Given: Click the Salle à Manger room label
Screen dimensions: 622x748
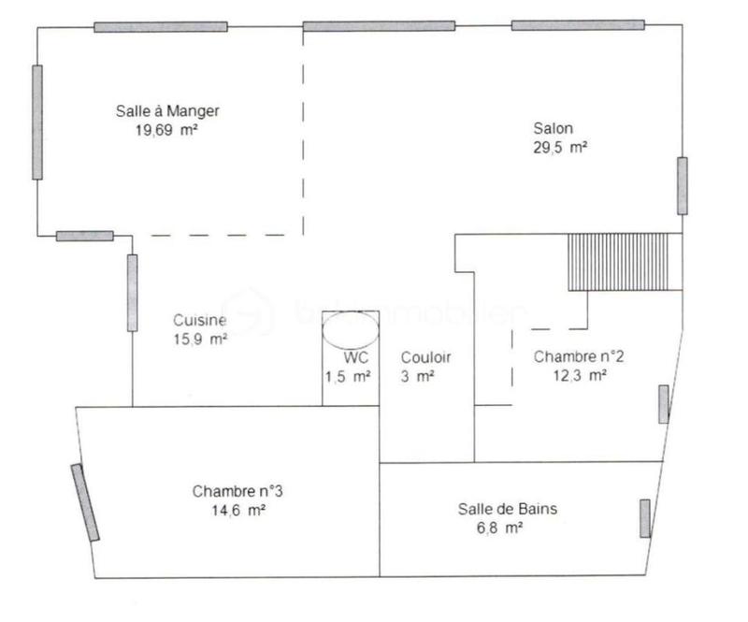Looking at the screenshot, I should coord(167,111).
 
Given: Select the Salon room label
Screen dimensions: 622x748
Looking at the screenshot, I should coord(554,128).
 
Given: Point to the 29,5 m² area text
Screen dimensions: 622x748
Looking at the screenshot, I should coord(559,147).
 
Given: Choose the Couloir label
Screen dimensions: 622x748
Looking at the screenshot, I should coord(426,357).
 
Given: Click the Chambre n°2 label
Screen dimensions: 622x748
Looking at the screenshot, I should coord(579,356).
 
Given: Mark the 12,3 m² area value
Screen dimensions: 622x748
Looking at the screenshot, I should coord(581,375).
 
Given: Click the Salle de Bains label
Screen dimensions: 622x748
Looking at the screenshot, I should coord(508,509).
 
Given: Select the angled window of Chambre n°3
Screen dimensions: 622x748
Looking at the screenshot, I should coord(86,502).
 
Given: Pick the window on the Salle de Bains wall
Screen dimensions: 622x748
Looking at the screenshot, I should coord(644,518).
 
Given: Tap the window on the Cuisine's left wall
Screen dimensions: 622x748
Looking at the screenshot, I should coord(132,292).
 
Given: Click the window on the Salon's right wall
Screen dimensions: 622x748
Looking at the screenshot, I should coord(683,185).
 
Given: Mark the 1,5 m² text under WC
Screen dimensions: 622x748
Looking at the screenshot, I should coord(349,376).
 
